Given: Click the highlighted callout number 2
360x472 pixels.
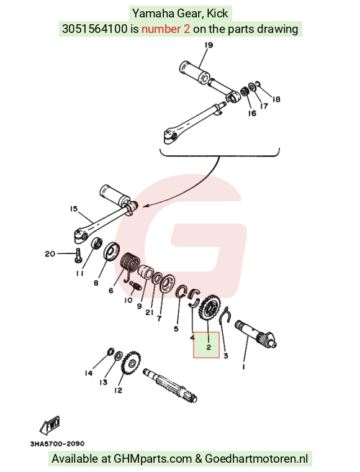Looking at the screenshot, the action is [x=209, y=347].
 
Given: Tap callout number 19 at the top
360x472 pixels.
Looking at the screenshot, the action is [x=209, y=45].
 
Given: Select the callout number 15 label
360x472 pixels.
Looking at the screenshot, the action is [x=74, y=209].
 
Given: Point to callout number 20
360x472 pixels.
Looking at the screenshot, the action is [x=50, y=254].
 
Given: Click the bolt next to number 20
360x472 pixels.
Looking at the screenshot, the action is [x=78, y=255].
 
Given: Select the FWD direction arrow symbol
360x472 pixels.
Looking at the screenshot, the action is [x=50, y=425].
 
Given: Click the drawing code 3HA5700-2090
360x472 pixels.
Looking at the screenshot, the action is [x=57, y=443].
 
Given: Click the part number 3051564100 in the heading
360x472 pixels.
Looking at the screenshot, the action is [x=95, y=29].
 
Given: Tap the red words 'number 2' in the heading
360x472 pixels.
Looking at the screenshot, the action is [x=166, y=29].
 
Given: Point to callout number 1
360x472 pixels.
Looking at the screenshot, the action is [x=243, y=366].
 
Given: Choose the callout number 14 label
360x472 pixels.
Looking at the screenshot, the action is [x=88, y=373].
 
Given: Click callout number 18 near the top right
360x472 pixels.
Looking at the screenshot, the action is [x=276, y=99].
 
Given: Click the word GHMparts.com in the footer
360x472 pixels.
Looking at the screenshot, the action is [x=153, y=459].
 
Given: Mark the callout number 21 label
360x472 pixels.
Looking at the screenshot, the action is [x=150, y=312].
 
